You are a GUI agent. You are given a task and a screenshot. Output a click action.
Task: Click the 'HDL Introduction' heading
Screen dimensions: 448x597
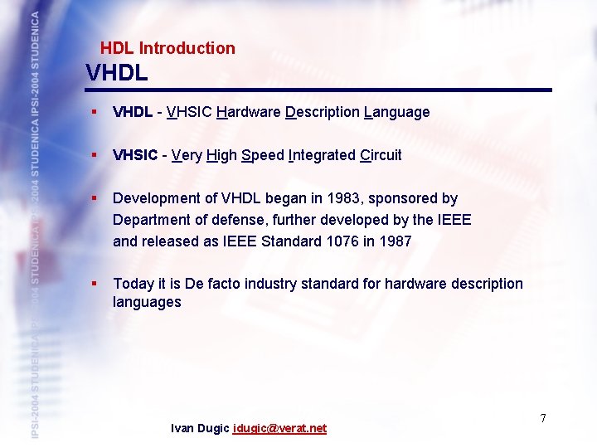[167, 48]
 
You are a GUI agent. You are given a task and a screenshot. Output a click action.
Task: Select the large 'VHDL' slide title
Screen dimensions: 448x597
[117, 73]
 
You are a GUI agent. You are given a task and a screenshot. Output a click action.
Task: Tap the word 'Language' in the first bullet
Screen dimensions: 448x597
[396, 112]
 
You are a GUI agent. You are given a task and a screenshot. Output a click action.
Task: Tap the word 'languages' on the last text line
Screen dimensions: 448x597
[147, 303]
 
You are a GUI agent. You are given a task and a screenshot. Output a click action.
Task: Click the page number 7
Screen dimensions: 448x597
[543, 417]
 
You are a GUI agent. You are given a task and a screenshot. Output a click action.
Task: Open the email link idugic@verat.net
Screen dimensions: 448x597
[279, 428]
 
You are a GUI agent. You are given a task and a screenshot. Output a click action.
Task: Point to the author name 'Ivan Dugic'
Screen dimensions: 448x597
[200, 428]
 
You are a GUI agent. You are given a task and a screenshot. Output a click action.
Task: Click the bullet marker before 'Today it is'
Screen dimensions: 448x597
[96, 284]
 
